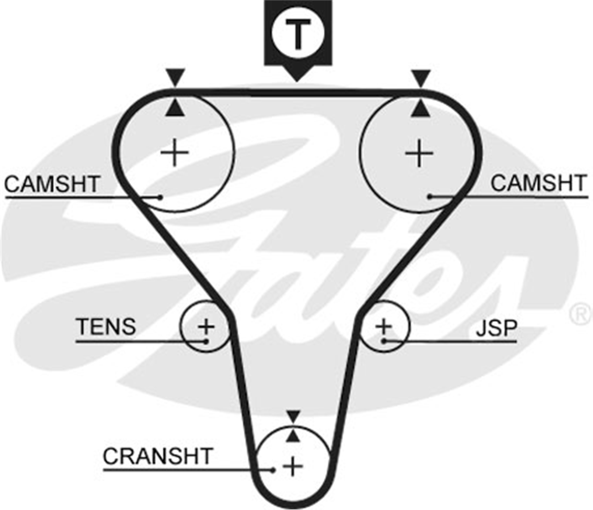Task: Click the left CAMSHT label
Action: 52,184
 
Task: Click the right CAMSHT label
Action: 538,183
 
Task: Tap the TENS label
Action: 106,326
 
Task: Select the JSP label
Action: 497,328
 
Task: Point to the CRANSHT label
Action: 158,456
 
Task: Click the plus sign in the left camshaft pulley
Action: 174,152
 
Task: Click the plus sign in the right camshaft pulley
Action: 419,154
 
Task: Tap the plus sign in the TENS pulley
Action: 206,326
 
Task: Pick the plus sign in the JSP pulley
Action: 384,326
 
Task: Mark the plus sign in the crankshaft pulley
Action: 293,467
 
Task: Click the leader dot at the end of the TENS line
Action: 206,342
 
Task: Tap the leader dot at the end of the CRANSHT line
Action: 273,470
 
